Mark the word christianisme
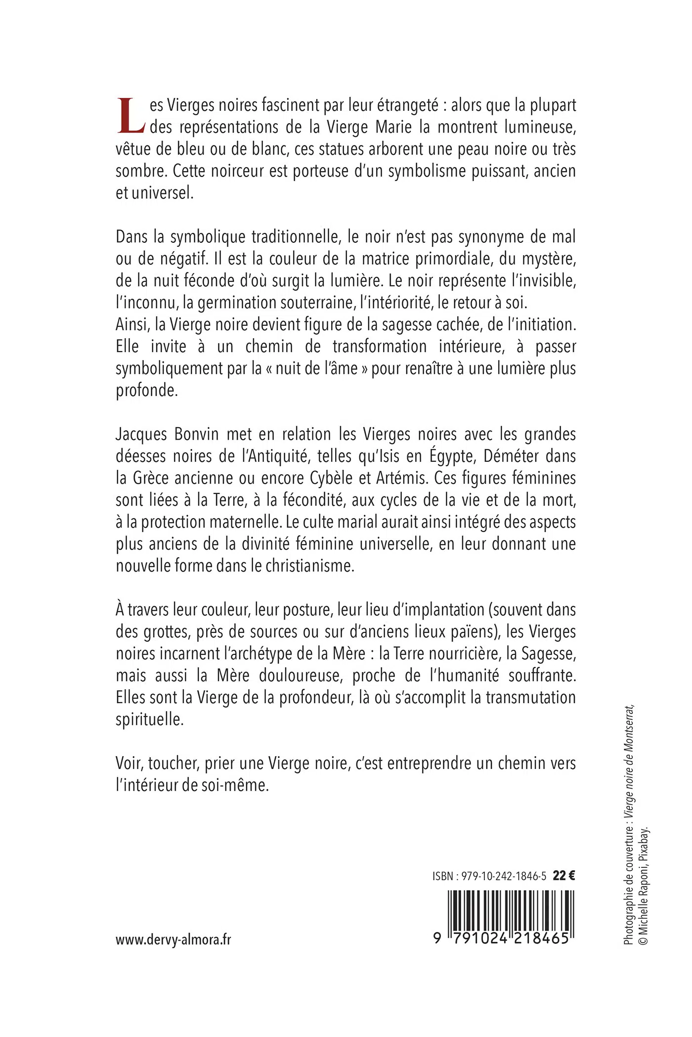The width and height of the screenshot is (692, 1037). [x=310, y=566]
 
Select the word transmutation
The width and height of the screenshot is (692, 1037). [x=530, y=697]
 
